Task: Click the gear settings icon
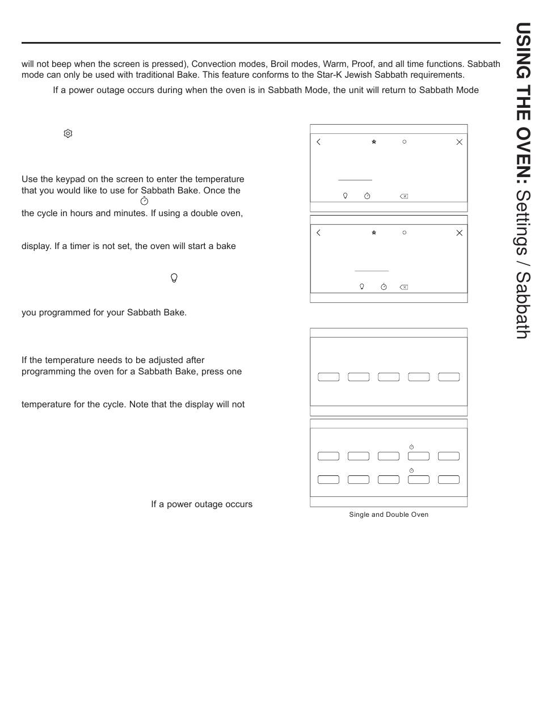click(x=68, y=133)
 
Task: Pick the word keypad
click(x=66, y=179)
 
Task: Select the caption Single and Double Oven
click(x=389, y=515)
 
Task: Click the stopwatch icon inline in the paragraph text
click(x=144, y=201)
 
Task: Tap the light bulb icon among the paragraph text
click(x=174, y=278)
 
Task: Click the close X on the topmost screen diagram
click(x=460, y=142)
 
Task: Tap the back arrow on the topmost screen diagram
click(x=318, y=142)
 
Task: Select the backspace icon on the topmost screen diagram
click(x=403, y=196)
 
